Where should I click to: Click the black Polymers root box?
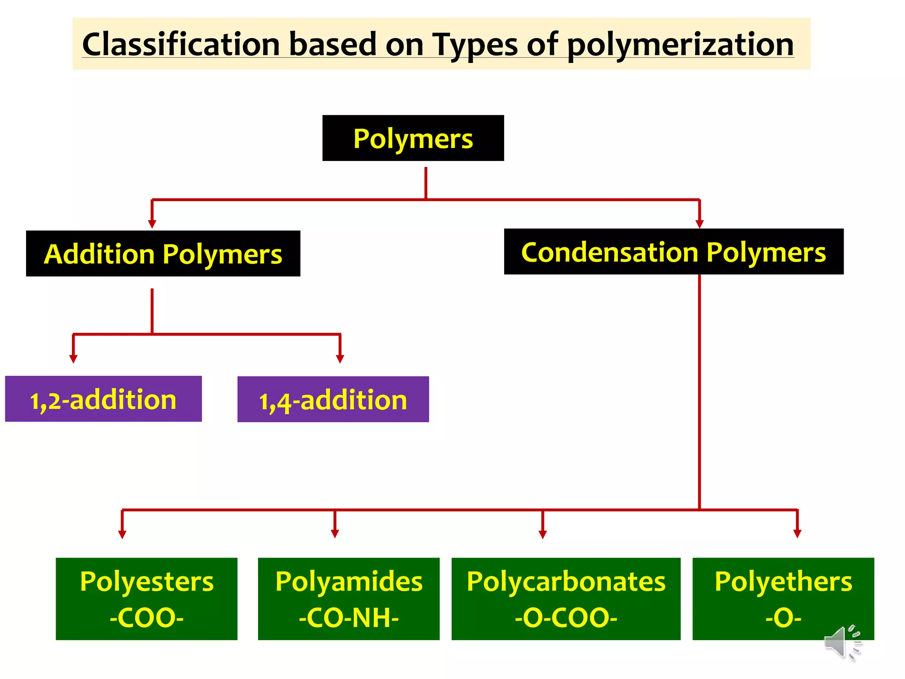pos(413,138)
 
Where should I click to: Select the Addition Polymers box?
pos(163,253)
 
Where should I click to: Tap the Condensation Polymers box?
pos(673,252)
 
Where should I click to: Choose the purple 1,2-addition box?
pos(103,399)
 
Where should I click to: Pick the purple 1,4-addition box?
pos(333,399)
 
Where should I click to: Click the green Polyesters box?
pos(146,599)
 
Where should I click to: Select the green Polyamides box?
pos(349,599)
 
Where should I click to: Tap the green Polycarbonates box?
pos(566,599)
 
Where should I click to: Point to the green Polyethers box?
pos(783,599)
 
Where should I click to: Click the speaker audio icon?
pos(842,643)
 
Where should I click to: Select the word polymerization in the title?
pos(680,45)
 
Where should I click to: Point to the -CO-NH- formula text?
pos(349,618)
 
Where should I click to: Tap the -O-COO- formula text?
pos(566,618)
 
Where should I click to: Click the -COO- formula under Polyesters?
pos(146,618)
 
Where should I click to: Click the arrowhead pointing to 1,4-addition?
pos(340,359)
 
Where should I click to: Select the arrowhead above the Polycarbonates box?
pos(543,534)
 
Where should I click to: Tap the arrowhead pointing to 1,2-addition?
pos(73,359)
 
